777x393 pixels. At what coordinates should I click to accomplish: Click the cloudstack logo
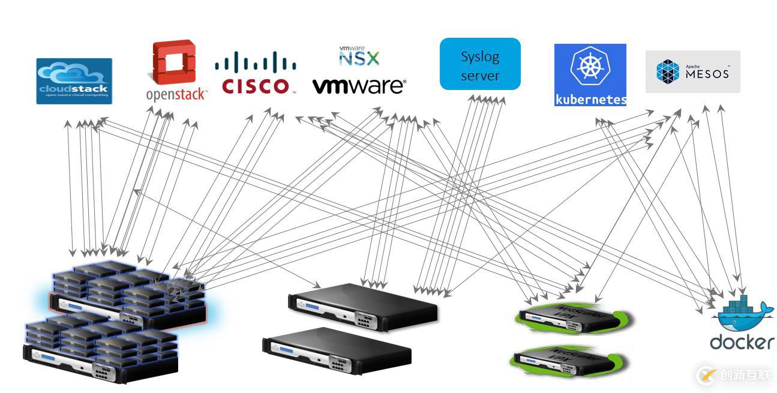pyautogui.click(x=74, y=81)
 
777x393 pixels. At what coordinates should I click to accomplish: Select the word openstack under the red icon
pyautogui.click(x=176, y=94)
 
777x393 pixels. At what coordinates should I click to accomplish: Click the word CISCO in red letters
pyautogui.click(x=255, y=86)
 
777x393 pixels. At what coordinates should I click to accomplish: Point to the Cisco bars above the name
pyautogui.click(x=255, y=62)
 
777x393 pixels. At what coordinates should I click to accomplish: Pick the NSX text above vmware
pyautogui.click(x=359, y=57)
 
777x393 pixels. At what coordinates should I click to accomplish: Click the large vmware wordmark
pyautogui.click(x=359, y=86)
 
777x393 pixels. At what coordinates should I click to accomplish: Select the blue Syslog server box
pyautogui.click(x=480, y=64)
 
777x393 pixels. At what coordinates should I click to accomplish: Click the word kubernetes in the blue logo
pyautogui.click(x=590, y=100)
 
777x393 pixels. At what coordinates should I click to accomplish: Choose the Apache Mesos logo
pyautogui.click(x=692, y=71)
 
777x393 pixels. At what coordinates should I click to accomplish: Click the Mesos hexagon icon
pyautogui.click(x=667, y=71)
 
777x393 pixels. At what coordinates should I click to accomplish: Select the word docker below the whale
pyautogui.click(x=742, y=342)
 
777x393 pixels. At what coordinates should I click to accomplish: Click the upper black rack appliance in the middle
pyautogui.click(x=363, y=305)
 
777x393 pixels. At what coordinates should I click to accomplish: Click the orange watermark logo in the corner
pyautogui.click(x=707, y=376)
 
